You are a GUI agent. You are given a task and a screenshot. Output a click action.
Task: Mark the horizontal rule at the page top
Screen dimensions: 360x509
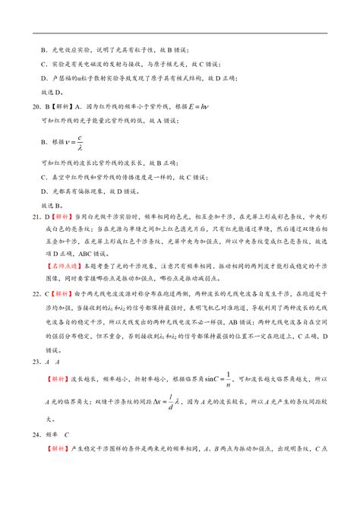click(180, 33)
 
